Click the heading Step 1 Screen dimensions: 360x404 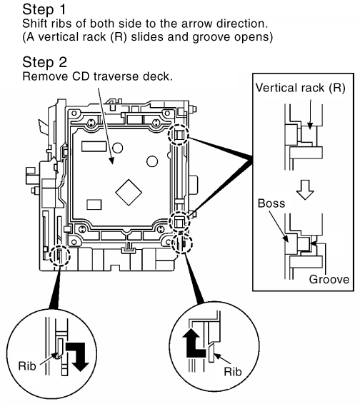pyautogui.click(x=44, y=9)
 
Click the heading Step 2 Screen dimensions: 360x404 pyautogui.click(x=44, y=62)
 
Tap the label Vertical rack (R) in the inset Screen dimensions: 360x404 pyautogui.click(x=301, y=88)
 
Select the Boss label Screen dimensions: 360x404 pyautogui.click(x=271, y=203)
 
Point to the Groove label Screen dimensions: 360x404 pyautogui.click(x=329, y=279)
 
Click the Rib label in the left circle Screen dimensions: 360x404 pyautogui.click(x=27, y=365)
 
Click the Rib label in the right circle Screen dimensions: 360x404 pyautogui.click(x=233, y=372)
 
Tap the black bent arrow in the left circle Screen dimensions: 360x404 pyautogui.click(x=78, y=356)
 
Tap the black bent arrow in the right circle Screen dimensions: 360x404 pyautogui.click(x=194, y=343)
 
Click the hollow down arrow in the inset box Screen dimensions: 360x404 pyautogui.click(x=305, y=190)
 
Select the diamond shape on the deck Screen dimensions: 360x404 pyautogui.click(x=129, y=192)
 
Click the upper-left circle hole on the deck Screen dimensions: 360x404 pyautogui.click(x=118, y=148)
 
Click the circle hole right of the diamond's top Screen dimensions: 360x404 pyautogui.click(x=152, y=161)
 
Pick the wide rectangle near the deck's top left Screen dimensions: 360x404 pyautogui.click(x=94, y=146)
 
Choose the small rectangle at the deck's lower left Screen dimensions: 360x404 pyautogui.click(x=94, y=205)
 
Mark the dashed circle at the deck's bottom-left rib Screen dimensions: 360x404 pyautogui.click(x=60, y=256)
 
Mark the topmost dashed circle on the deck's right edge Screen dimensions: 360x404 pyautogui.click(x=179, y=135)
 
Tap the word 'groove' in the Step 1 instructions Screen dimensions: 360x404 pyautogui.click(x=211, y=37)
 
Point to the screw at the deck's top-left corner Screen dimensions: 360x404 pyautogui.click(x=90, y=123)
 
